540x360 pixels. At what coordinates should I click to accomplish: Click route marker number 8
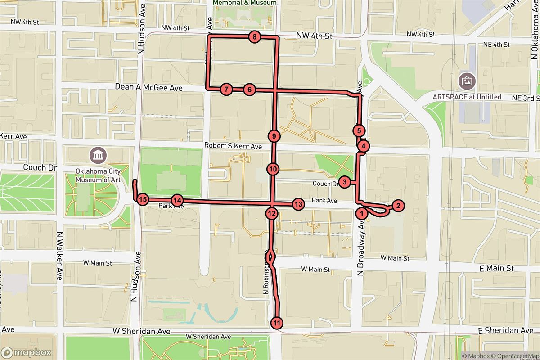(x=255, y=37)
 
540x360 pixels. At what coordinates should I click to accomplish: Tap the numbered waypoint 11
(x=277, y=323)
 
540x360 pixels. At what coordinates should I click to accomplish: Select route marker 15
(x=143, y=199)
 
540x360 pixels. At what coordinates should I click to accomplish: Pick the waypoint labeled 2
(x=398, y=206)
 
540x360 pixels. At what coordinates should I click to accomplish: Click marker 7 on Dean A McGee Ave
(x=226, y=89)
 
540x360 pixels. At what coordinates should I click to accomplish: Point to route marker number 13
(x=298, y=204)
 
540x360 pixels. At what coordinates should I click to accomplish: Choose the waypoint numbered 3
(x=344, y=182)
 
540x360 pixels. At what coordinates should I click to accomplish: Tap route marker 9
(x=274, y=135)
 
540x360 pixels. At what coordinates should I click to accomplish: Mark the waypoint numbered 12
(x=271, y=213)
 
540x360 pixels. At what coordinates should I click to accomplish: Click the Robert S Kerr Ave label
(x=233, y=146)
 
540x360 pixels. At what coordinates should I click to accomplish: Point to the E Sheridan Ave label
(x=506, y=331)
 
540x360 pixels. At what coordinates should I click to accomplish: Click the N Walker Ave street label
(x=59, y=256)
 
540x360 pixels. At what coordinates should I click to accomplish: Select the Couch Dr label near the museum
(x=40, y=167)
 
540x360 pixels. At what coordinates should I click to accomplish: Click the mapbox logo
(x=26, y=352)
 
